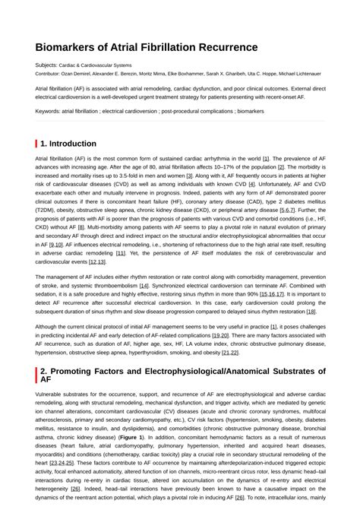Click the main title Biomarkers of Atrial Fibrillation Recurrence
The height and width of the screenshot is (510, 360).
click(146, 47)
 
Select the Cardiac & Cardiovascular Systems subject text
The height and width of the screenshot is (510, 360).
click(95, 65)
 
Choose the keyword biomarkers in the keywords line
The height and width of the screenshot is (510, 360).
click(250, 111)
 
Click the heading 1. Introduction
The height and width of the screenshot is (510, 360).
click(68, 144)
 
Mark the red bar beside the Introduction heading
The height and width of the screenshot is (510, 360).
click(36, 144)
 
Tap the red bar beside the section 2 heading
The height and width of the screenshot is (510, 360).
click(36, 374)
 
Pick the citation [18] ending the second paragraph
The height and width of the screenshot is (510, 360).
click(311, 311)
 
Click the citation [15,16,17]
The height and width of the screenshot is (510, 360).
click(270, 293)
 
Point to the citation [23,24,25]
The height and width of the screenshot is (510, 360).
click(62, 462)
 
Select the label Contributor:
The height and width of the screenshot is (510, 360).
click(50, 74)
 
